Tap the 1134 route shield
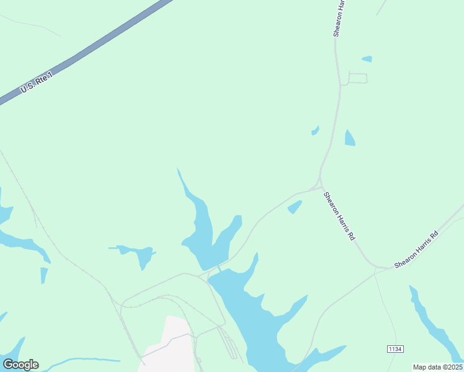[395, 350]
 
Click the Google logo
[20, 365]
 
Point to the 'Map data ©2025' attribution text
[437, 367]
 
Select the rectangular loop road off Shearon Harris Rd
[357, 78]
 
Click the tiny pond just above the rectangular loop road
[367, 59]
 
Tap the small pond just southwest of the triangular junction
[295, 206]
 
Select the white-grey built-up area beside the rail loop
[167, 344]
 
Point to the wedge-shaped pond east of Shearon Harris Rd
[349, 138]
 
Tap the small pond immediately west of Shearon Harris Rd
[315, 130]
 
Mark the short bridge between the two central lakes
[219, 268]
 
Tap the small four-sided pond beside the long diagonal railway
[44, 275]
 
